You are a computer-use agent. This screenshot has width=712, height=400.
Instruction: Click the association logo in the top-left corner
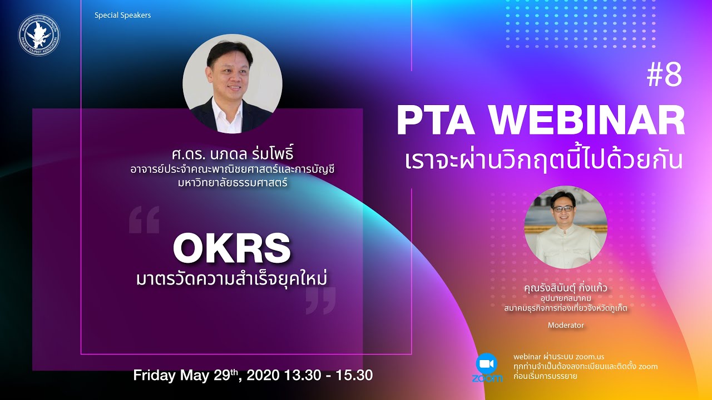point(38,35)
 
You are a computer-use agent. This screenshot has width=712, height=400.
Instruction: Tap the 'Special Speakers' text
point(122,15)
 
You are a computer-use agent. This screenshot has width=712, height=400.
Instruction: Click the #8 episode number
point(664,76)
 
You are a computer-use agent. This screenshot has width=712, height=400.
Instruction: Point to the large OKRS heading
point(231,249)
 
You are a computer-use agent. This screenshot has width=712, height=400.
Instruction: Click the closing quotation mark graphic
point(321,301)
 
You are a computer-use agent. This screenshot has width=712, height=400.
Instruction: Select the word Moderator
point(566,325)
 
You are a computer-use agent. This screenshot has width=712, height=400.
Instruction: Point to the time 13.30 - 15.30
point(329,376)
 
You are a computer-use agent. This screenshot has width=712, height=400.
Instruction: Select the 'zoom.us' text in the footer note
point(589,356)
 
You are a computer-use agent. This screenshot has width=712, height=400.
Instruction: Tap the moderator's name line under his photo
point(566,289)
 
